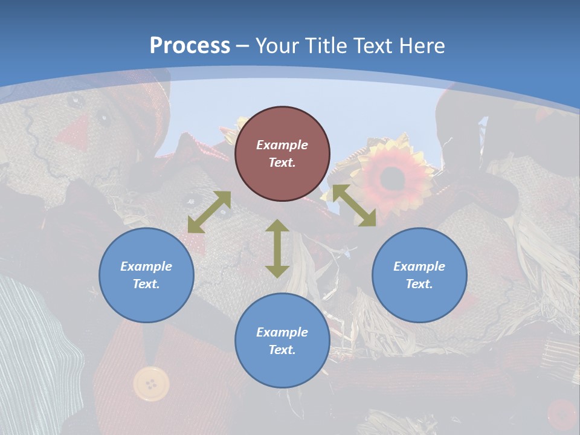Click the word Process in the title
click(190, 46)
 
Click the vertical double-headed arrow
click(277, 248)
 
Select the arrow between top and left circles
click(209, 212)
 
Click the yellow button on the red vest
click(151, 383)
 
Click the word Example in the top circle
click(282, 145)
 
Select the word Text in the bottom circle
click(282, 350)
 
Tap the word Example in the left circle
click(146, 266)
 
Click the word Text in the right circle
click(419, 284)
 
